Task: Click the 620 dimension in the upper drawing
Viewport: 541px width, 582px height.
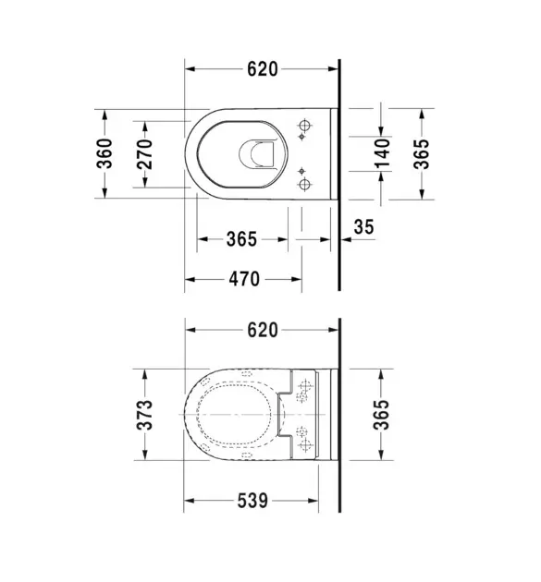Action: (x=263, y=69)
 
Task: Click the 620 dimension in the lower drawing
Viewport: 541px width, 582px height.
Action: (x=263, y=330)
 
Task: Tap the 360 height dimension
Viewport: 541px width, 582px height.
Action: (x=105, y=153)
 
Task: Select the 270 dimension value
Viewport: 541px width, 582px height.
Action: (x=144, y=154)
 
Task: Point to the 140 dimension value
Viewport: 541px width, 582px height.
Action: (x=383, y=153)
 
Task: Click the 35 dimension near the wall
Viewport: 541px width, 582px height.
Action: (x=363, y=226)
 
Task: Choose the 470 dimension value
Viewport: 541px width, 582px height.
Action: (x=244, y=279)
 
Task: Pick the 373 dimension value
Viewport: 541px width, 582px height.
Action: (x=144, y=415)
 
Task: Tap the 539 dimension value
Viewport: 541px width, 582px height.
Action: (x=252, y=501)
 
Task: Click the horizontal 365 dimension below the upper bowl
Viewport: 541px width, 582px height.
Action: (x=242, y=239)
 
